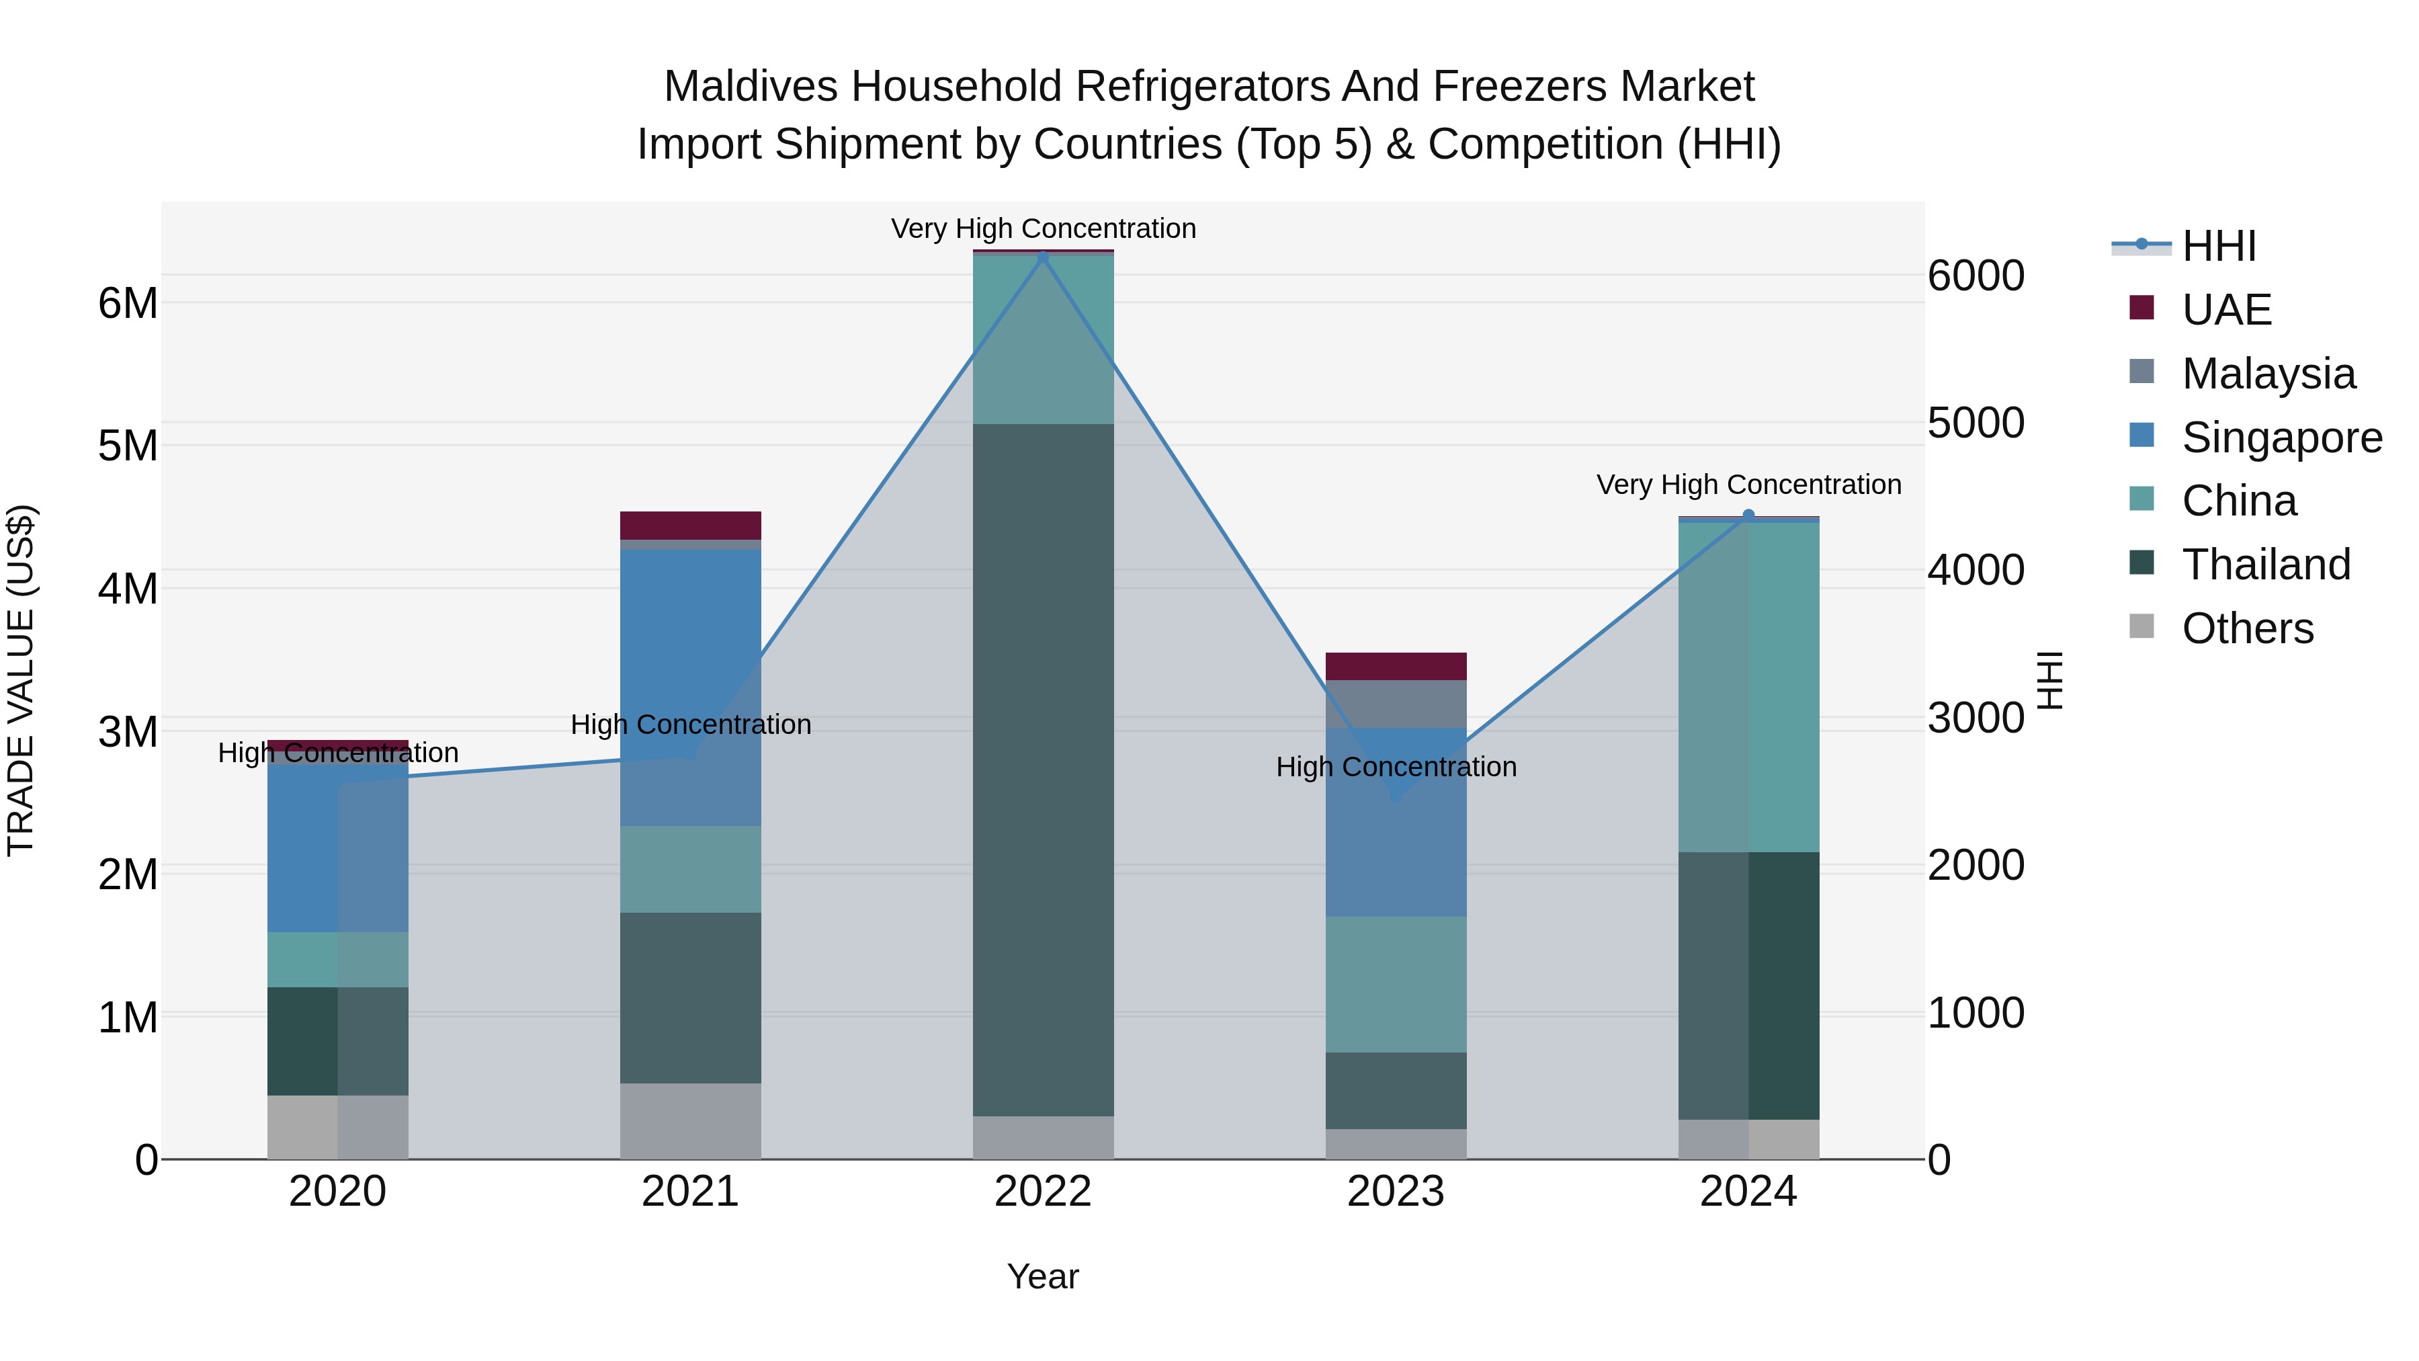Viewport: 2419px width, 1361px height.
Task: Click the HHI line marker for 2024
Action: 1748,515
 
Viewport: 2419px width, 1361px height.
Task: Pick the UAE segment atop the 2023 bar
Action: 1396,666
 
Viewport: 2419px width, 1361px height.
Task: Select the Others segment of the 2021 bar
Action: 690,1120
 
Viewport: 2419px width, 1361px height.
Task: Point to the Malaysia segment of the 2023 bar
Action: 1396,704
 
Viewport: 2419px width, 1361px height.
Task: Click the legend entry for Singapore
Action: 2281,438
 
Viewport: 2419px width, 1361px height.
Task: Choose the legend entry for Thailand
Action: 2265,565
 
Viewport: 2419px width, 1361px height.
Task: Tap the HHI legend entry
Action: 2218,246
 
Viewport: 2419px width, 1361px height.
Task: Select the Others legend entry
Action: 2247,628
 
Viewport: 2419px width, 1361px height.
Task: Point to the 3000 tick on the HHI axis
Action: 1976,718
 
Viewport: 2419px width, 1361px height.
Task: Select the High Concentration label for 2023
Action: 1396,766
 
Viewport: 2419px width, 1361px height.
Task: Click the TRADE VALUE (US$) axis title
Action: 21,680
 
